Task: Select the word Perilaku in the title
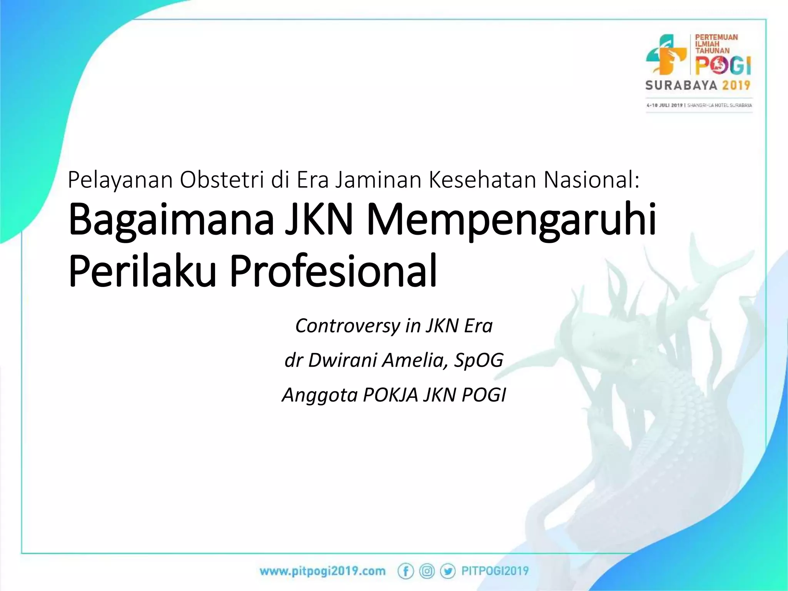pyautogui.click(x=142, y=271)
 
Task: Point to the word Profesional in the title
pyautogui.click(x=333, y=271)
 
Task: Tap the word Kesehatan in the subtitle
pyautogui.click(x=482, y=180)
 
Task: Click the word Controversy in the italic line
pyautogui.click(x=347, y=326)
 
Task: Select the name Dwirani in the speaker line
pyautogui.click(x=342, y=360)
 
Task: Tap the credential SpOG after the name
pyautogui.click(x=479, y=360)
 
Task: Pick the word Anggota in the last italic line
pyautogui.click(x=319, y=395)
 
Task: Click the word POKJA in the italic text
pyautogui.click(x=390, y=395)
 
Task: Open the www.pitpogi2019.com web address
pyautogui.click(x=322, y=571)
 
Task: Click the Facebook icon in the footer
pyautogui.click(x=406, y=571)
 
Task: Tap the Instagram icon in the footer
pyautogui.click(x=427, y=571)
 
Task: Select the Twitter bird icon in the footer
pyautogui.click(x=447, y=571)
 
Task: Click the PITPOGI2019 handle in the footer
pyautogui.click(x=495, y=571)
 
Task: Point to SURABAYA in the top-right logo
pyautogui.click(x=681, y=85)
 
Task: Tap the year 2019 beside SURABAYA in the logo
pyautogui.click(x=736, y=85)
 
